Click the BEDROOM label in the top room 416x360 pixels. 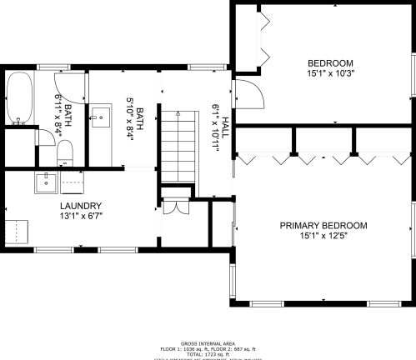tap(330, 62)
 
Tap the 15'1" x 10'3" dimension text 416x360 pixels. tap(330, 73)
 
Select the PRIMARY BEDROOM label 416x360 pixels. tap(323, 225)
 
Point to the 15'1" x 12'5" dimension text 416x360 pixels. tap(323, 236)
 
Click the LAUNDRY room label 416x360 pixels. tap(81, 206)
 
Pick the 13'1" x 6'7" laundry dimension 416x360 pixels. tap(81, 217)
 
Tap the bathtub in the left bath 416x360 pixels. tap(20, 98)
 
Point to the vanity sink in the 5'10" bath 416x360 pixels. tap(101, 117)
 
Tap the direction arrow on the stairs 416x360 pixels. tap(177, 112)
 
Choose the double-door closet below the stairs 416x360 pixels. tap(174, 208)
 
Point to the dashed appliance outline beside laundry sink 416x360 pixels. tap(73, 182)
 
